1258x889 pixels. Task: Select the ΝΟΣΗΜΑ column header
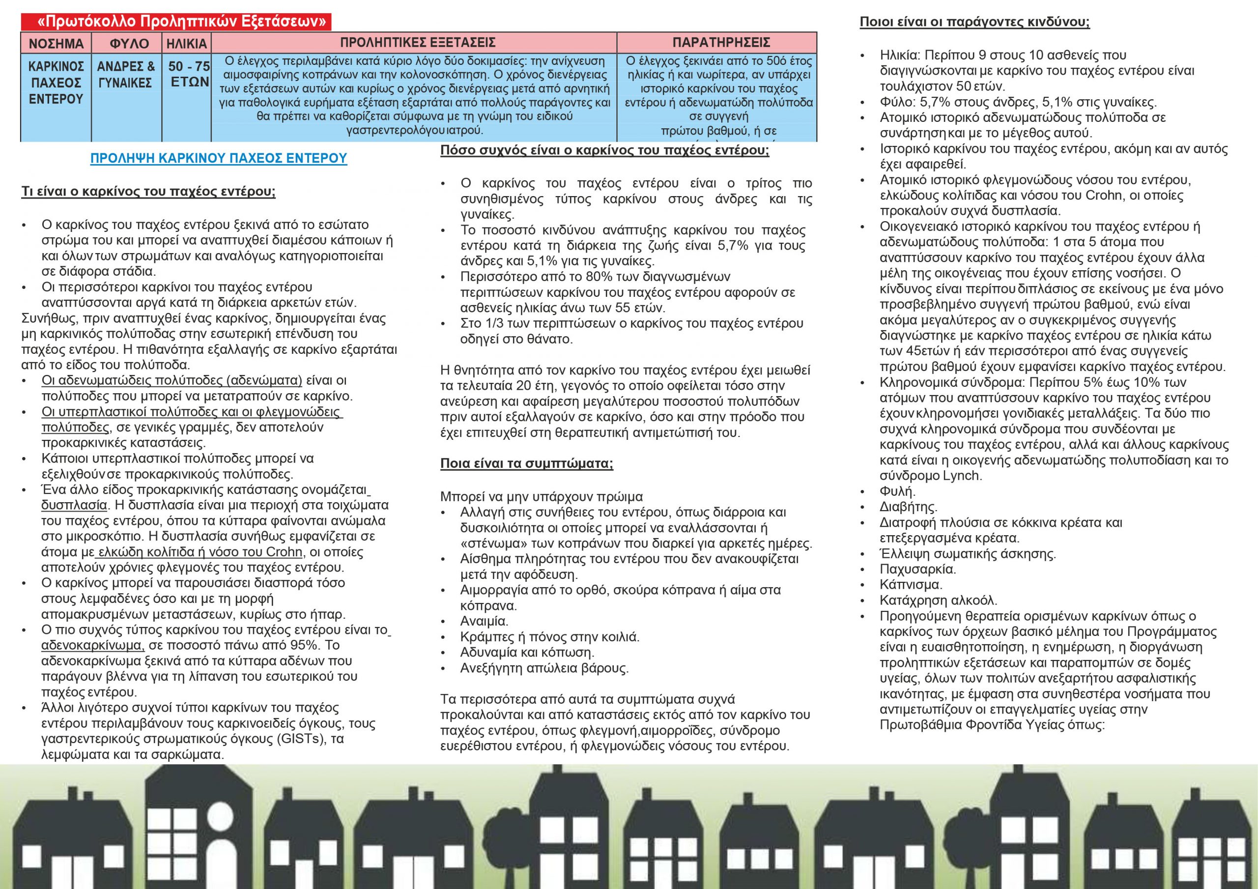coord(56,43)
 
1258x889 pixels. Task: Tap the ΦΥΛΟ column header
coord(129,43)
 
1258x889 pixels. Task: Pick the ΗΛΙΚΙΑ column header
coord(186,43)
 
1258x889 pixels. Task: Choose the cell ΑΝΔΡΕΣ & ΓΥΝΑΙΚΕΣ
coord(125,75)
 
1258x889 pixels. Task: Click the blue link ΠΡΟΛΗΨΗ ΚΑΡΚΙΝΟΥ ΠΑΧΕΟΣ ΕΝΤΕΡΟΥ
coord(219,158)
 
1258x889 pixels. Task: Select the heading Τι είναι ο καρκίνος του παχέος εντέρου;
coord(148,192)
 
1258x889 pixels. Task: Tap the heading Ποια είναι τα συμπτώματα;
coord(526,464)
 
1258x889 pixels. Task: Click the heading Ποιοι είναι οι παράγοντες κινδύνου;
coord(974,23)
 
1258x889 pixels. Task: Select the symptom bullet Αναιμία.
coord(484,622)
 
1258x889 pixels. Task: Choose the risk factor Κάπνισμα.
coord(911,585)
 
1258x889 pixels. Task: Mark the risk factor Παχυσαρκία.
coord(917,570)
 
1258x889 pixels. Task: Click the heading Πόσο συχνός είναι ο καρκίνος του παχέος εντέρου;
coord(604,150)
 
